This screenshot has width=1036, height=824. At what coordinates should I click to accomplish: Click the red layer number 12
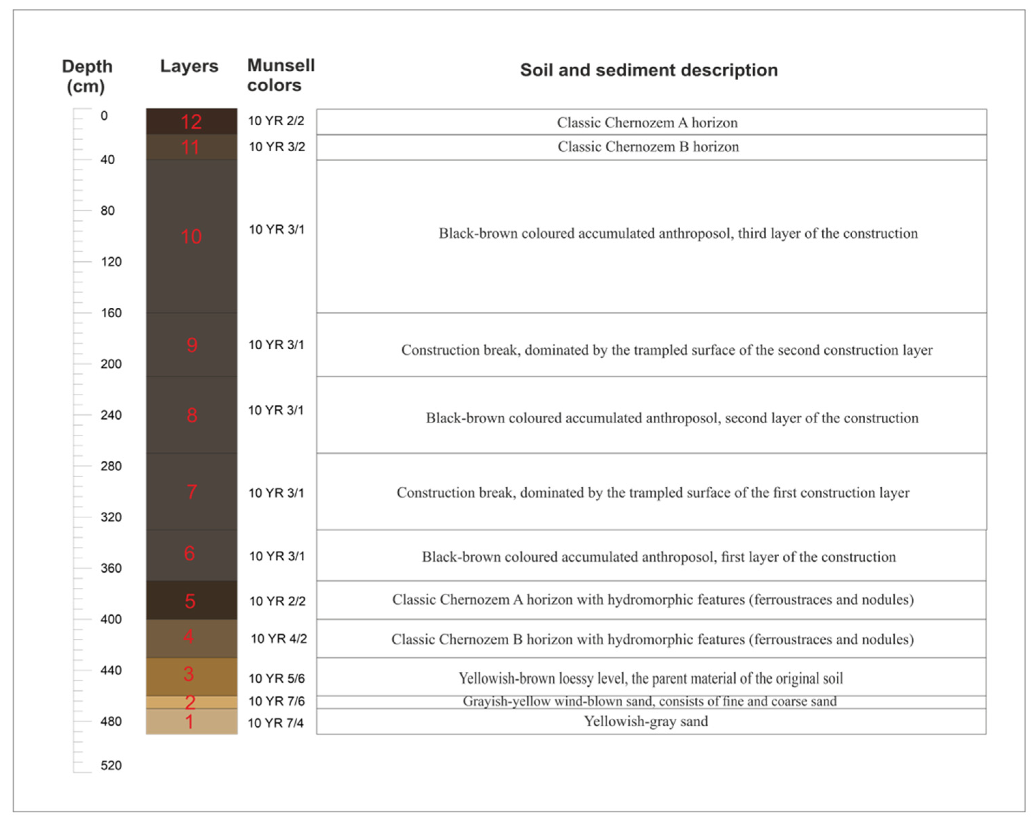point(191,122)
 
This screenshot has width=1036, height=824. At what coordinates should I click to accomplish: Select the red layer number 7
point(191,492)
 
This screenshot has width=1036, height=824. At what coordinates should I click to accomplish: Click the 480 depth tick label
point(111,721)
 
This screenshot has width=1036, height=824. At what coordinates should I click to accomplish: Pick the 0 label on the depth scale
point(104,116)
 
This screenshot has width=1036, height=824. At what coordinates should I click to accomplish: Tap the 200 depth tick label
point(111,364)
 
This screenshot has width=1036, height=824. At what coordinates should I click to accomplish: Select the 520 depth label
point(111,765)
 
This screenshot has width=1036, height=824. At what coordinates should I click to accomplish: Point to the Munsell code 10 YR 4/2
point(278,639)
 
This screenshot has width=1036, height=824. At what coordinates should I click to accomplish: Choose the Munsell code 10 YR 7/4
point(275,723)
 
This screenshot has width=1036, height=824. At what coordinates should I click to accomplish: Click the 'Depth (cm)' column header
point(87,76)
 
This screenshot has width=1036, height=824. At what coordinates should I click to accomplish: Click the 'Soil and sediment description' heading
point(649,70)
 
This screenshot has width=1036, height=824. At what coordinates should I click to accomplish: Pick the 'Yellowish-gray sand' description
point(646,721)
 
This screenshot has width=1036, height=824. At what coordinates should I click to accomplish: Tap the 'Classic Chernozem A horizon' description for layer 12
point(647,123)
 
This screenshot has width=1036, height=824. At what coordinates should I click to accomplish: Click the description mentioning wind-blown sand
point(649,701)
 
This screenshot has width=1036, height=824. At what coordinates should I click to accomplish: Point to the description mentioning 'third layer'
point(678,234)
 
